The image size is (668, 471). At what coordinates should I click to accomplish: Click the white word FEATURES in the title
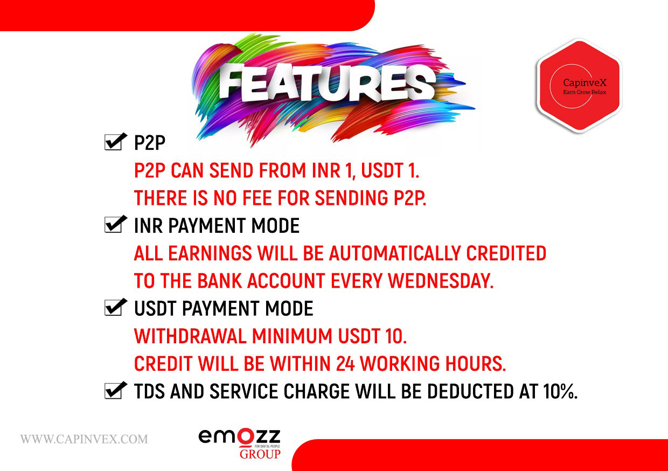click(x=327, y=82)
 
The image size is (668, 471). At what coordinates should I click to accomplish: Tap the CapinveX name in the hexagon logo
click(x=584, y=82)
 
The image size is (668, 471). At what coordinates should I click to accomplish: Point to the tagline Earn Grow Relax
click(x=584, y=92)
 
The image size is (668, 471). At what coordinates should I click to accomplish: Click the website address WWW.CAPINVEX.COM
click(x=84, y=439)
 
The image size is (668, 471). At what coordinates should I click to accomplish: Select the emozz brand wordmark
click(x=239, y=437)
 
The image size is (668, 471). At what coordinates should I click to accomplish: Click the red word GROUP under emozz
click(x=260, y=454)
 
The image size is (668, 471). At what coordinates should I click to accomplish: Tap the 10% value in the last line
click(x=560, y=391)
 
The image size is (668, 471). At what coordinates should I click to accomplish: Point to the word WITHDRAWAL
click(x=190, y=336)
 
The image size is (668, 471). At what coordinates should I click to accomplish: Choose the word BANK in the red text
click(x=219, y=281)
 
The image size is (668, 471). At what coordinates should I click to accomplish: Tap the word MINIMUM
click(x=292, y=336)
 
